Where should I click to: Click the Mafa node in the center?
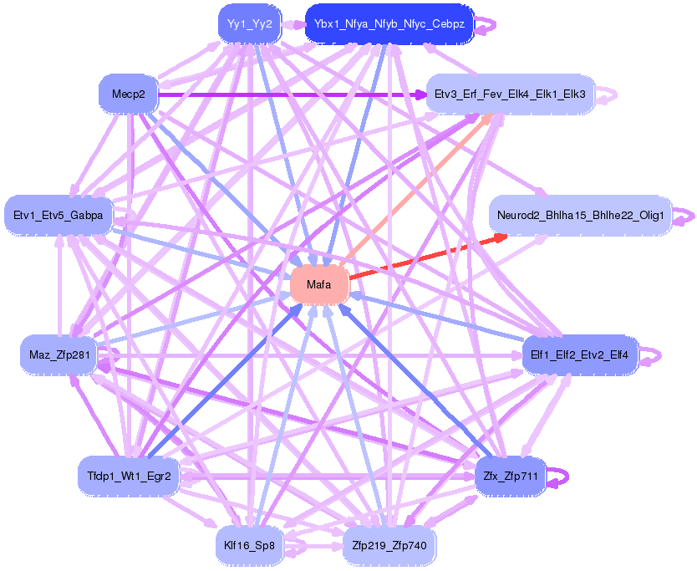[x=318, y=285]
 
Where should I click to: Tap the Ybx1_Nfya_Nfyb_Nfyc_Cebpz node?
[x=389, y=23]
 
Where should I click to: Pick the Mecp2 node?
[x=128, y=94]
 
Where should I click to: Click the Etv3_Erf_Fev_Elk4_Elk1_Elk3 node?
[x=510, y=94]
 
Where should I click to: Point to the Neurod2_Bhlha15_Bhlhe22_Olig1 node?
[x=580, y=216]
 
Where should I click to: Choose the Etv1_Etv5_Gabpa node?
[x=58, y=216]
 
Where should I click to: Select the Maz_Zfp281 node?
[x=58, y=355]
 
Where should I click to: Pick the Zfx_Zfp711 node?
[x=510, y=477]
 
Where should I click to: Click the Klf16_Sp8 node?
[x=249, y=546]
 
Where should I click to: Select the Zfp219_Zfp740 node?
[x=389, y=546]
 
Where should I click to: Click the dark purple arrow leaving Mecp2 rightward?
[x=293, y=94]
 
